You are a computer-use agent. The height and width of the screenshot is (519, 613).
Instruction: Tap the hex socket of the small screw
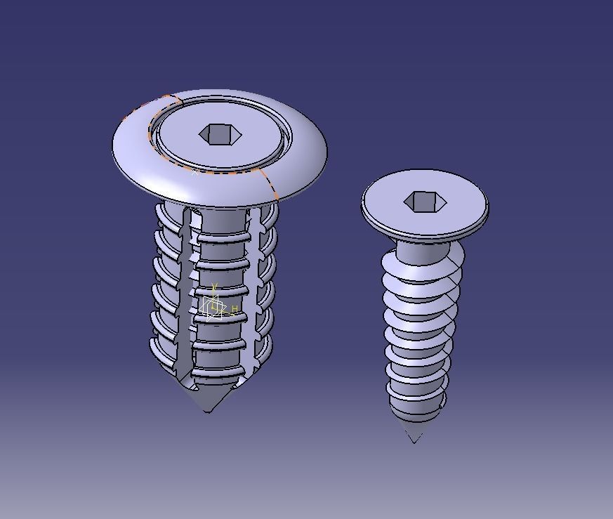[424, 202]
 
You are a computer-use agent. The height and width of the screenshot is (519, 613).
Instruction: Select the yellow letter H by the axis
[235, 309]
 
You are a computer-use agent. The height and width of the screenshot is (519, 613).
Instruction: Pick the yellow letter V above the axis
[215, 287]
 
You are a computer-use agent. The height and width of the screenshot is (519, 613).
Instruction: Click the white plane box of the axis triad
[213, 306]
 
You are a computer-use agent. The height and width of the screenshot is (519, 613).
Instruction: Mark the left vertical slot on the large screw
[184, 295]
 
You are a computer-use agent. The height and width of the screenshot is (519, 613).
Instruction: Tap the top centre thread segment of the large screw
[222, 237]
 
